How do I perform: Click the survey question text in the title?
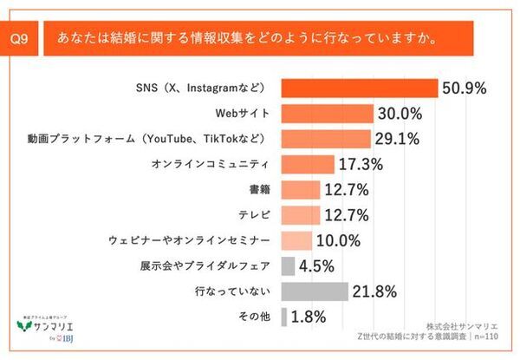[246, 39]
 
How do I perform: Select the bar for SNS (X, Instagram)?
[360, 88]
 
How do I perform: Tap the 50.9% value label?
[465, 88]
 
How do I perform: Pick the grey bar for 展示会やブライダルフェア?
[288, 265]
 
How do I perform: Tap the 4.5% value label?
[318, 265]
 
